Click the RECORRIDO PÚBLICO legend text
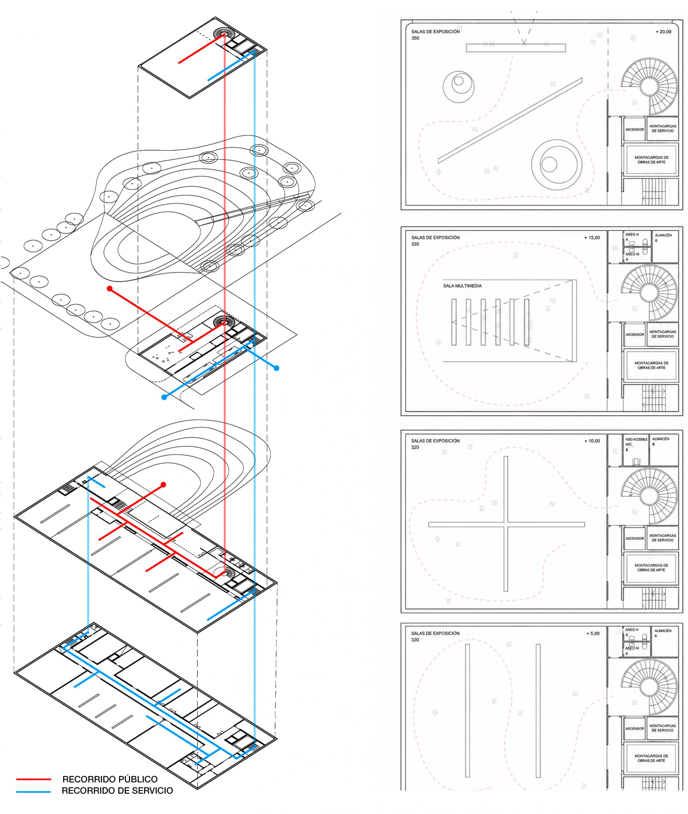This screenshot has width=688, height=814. [x=110, y=779]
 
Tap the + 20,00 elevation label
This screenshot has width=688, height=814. [x=664, y=31]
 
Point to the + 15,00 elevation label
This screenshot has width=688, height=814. [x=592, y=238]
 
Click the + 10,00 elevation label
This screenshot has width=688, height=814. [x=592, y=441]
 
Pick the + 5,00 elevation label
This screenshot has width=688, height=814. [x=593, y=633]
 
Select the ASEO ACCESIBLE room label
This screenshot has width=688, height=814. [x=636, y=439]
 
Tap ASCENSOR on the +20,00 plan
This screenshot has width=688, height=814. [x=635, y=129]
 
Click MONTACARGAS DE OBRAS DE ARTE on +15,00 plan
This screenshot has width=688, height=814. [x=651, y=365]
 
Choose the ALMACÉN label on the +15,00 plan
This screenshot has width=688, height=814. [x=663, y=236]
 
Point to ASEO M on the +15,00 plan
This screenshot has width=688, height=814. [x=632, y=254]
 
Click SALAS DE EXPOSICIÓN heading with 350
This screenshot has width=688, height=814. [x=435, y=35]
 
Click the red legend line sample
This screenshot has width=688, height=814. [x=34, y=779]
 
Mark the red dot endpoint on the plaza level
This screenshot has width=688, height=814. [x=110, y=289]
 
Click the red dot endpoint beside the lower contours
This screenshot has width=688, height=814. [x=163, y=485]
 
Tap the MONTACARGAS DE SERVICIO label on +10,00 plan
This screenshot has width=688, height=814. [x=663, y=538]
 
